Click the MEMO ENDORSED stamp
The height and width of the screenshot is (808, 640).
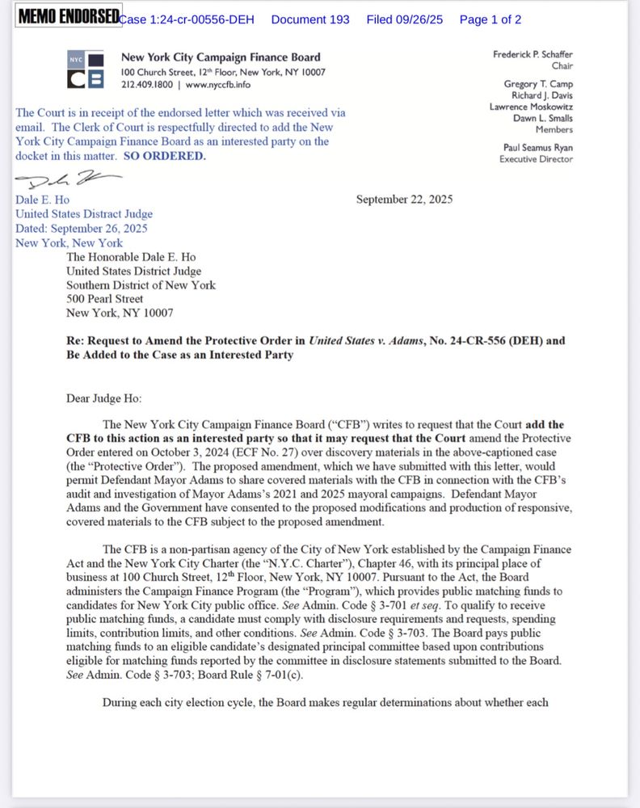68,17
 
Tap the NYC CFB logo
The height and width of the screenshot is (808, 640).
86,69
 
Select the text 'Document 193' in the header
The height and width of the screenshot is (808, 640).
310,19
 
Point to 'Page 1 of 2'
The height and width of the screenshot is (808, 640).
490,19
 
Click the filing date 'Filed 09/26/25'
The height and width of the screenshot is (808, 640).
404,19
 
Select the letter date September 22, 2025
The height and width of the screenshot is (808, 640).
404,199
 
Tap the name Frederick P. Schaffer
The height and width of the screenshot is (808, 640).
533,55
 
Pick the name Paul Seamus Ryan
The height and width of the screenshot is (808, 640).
538,148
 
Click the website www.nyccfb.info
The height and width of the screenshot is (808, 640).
217,84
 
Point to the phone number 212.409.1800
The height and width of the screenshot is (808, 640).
148,84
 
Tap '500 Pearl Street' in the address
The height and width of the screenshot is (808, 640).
105,299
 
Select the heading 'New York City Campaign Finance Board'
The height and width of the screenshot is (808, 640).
221,57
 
